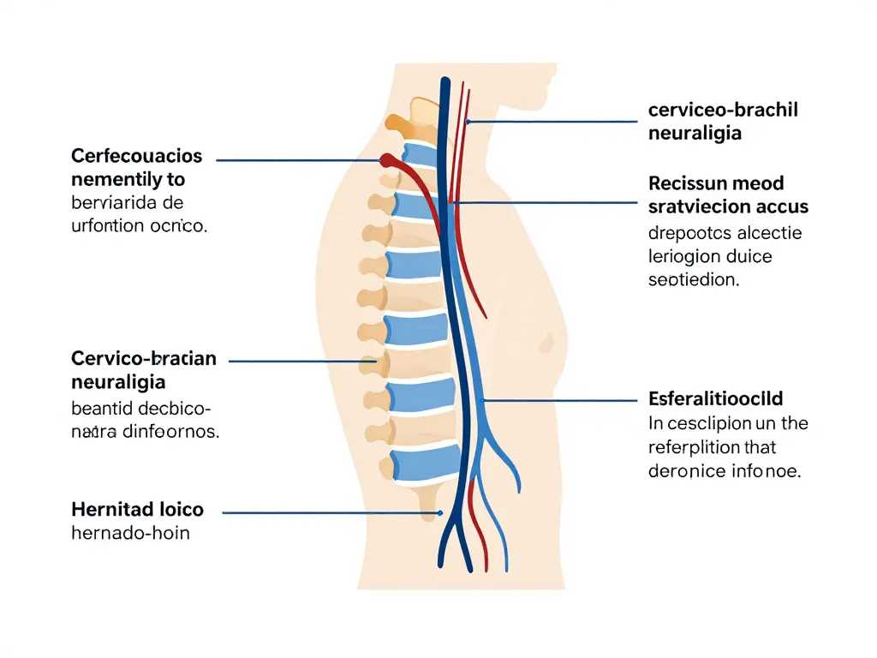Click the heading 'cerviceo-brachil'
point(723,111)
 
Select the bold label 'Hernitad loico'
point(137,510)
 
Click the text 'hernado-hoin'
point(130,534)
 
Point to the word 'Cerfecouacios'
point(137,156)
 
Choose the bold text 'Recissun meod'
point(716,182)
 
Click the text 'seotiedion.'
point(694,279)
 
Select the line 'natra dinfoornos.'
point(145,432)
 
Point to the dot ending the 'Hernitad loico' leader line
point(439,513)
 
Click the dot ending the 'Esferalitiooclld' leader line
point(484,400)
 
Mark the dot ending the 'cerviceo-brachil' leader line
point(468,122)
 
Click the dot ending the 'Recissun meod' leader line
point(457,203)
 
